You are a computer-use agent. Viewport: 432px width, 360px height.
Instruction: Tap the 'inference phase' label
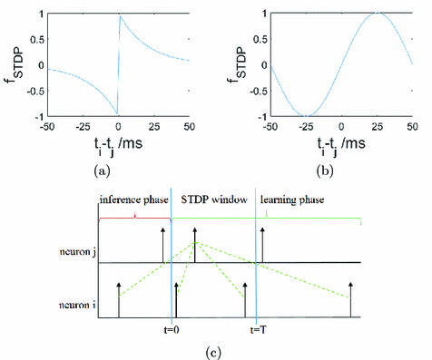coord(133,198)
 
